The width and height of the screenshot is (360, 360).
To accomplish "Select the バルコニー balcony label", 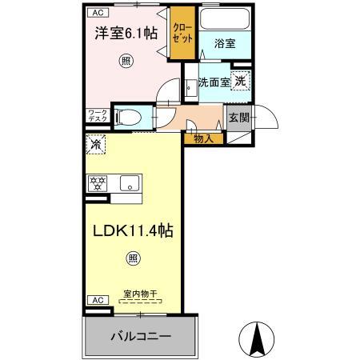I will coord(140,337).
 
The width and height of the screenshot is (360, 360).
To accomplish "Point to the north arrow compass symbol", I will coord(258,341).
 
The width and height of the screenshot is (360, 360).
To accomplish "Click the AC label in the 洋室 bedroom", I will coord(96,13).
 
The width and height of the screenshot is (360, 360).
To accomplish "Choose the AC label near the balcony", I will coord(96,299).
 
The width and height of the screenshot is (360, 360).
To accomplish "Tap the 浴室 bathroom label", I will coord(224,44).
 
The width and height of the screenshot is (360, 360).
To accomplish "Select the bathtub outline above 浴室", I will coord(224,20).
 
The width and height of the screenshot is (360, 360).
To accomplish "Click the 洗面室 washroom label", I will coord(214,82).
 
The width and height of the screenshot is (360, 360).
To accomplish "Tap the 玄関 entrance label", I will coord(238,118).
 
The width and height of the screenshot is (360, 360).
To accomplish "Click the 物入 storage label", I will coord(203,139).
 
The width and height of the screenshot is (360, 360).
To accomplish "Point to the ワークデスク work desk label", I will coord(96,116).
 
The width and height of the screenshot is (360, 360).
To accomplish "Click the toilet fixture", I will coord(127,118).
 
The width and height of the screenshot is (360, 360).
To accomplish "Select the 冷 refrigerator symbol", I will coord(96,146).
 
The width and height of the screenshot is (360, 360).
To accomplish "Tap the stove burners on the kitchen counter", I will coord(98,183).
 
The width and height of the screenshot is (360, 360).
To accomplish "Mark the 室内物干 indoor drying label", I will coord(140,294).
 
